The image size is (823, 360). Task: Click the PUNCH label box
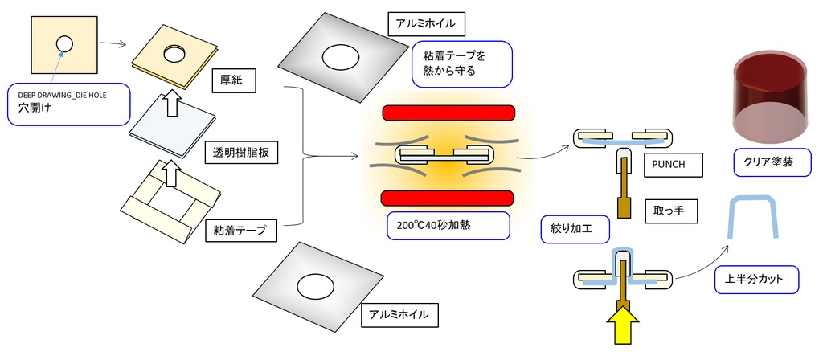coord(673,165)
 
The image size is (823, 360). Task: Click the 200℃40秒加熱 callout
coord(447,225)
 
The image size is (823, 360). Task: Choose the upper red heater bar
coord(448,113)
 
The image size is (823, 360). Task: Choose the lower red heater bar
coord(448,198)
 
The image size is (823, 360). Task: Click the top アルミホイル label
coord(426,23)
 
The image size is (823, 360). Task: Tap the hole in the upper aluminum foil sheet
coord(341,58)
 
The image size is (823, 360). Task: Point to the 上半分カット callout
coord(755,280)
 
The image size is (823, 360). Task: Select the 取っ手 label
coord(669,212)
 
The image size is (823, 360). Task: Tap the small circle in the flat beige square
coord(64,44)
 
